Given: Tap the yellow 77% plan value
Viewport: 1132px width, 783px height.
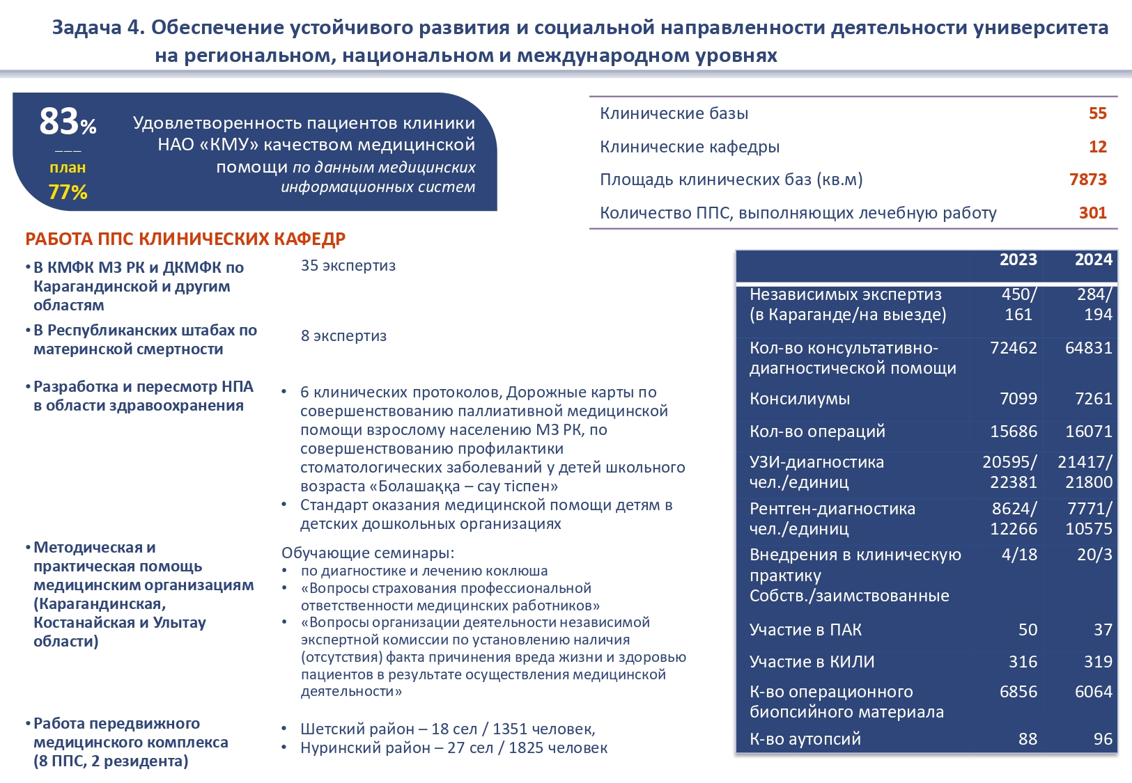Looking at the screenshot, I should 68,192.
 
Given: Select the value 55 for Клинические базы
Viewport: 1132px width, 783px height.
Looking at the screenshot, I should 1097,113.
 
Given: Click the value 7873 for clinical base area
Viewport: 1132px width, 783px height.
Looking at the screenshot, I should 1087,180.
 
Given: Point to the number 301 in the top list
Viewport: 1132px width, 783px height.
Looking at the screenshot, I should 1092,213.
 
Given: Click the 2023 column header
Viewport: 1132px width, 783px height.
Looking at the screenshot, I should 1018,260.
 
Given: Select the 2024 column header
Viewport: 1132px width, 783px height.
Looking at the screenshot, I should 1093,260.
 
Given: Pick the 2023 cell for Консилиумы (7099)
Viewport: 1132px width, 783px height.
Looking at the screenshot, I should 1018,399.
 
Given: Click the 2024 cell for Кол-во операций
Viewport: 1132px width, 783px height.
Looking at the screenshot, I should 1088,432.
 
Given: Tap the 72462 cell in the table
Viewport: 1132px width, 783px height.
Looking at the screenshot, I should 1014,348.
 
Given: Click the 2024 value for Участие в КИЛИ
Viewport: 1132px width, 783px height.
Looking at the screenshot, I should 1098,662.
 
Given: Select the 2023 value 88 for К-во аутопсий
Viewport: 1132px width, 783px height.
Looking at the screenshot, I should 1028,739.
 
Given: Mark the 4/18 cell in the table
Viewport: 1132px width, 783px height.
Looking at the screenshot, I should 1019,555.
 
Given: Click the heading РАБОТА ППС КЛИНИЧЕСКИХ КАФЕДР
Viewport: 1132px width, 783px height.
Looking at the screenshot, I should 185,239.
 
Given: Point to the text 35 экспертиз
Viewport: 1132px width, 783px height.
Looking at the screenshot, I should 348,266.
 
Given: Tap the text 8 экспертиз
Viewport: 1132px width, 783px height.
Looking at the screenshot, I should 343,336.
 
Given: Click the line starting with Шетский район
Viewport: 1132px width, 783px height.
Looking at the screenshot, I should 447,729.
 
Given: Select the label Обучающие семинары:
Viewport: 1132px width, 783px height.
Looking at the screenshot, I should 368,553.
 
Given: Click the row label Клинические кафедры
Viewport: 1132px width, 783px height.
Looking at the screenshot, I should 690,147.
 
